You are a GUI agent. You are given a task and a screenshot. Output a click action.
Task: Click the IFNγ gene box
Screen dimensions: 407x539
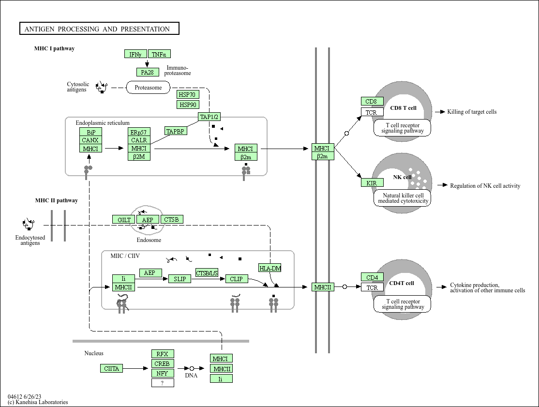(135, 54)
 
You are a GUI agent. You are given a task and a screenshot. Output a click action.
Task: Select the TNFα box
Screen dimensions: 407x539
(159, 54)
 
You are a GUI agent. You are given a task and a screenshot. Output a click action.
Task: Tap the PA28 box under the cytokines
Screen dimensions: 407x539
(147, 72)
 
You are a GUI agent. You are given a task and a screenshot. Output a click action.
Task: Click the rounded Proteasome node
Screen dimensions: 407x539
(148, 88)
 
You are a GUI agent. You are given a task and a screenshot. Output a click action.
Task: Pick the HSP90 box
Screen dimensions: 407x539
(188, 105)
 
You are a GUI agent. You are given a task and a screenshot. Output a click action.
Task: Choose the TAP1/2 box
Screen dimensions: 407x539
(210, 117)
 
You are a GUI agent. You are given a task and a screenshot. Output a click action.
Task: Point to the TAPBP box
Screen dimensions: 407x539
(176, 131)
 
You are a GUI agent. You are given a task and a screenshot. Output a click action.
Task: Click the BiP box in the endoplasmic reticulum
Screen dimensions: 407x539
(91, 132)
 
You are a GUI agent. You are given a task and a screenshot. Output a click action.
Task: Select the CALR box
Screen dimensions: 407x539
(139, 140)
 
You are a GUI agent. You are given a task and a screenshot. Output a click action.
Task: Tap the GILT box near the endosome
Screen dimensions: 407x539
(124, 220)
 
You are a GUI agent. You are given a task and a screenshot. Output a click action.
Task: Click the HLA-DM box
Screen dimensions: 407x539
(270, 268)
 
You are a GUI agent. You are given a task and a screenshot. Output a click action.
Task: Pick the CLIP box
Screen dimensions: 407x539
(236, 279)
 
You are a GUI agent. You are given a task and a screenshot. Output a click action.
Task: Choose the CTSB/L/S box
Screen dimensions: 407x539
(207, 273)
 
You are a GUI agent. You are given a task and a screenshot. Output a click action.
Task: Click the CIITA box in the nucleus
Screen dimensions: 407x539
(112, 368)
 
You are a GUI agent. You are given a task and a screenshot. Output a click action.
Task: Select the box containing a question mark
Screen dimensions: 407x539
(163, 383)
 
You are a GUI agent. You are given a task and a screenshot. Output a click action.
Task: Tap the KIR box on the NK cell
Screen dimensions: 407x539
(372, 183)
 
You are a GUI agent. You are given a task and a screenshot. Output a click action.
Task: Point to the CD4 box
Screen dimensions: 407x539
(372, 277)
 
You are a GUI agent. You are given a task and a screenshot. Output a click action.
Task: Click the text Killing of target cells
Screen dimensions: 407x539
(472, 112)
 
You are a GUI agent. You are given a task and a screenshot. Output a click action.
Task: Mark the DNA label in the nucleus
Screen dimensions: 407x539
(191, 376)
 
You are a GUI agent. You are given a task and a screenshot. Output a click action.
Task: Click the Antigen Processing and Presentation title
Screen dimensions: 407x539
(99, 29)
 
